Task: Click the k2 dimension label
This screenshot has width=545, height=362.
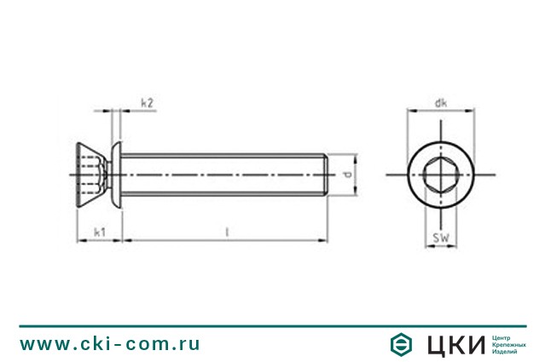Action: [147, 103]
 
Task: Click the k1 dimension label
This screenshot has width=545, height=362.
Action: [99, 231]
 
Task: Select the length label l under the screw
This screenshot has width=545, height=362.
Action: [227, 231]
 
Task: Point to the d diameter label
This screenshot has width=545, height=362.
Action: [346, 175]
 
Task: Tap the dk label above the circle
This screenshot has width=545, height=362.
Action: [440, 103]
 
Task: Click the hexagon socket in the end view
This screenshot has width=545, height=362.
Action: [440, 175]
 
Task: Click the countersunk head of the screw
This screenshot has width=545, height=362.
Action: [94, 175]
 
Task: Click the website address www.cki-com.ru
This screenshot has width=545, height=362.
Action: [110, 344]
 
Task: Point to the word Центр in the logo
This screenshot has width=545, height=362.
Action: [504, 337]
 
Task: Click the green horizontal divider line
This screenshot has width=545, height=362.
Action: [272, 325]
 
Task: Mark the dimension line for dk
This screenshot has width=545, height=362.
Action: [440, 112]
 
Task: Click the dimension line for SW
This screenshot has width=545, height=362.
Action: [440, 247]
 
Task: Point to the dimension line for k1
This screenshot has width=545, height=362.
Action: [100, 240]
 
